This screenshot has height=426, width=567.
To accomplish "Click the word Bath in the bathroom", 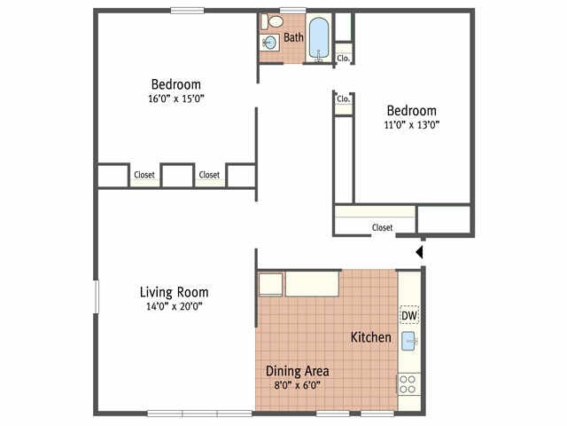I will click(293, 38).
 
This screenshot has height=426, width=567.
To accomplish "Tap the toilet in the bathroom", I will click(275, 21).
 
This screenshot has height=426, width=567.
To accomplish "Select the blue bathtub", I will click(319, 38).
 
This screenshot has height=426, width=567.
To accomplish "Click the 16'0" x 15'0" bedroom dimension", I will click(175, 99).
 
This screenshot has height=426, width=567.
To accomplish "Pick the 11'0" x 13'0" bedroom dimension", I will click(411, 125).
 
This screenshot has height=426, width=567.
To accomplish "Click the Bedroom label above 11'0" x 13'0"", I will click(411, 111).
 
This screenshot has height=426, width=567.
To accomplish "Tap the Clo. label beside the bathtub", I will click(344, 58).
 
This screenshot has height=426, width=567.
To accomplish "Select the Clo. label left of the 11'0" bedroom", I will click(343, 99).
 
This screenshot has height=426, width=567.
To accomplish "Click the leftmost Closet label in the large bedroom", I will click(144, 175).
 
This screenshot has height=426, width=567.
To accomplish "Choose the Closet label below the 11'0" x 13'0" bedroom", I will click(382, 227).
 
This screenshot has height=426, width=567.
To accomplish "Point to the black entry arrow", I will click(420, 253).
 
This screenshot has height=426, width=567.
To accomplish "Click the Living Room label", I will click(174, 292).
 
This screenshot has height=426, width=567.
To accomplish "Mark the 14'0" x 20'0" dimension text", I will click(174, 307).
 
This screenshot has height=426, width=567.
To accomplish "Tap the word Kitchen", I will click(370, 337).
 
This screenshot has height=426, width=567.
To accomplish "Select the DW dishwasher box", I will click(408, 316).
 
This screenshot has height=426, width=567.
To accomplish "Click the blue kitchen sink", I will click(408, 341).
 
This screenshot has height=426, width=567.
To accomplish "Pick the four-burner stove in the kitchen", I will click(408, 383).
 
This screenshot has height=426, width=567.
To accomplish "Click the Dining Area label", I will click(298, 371).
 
